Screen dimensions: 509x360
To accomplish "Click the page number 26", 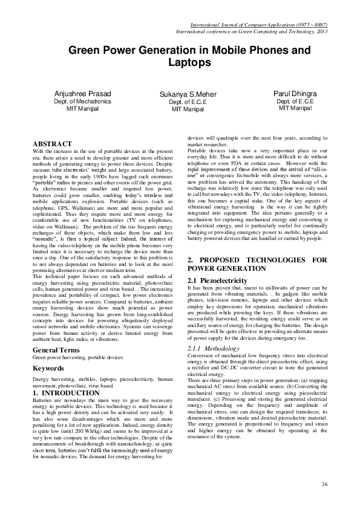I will coord(324,485).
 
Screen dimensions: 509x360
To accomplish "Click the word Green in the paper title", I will coord(84,50).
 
